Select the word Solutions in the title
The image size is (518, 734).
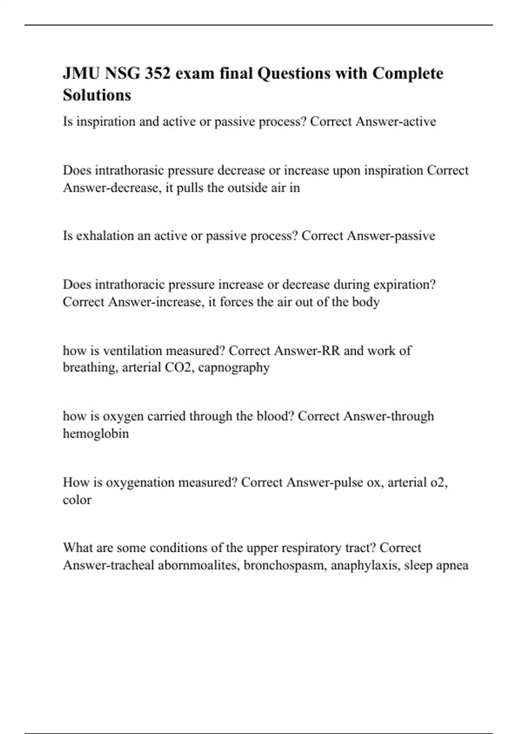pyautogui.click(x=97, y=95)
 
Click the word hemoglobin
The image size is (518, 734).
pyautogui.click(x=96, y=433)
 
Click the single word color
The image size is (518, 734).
pyautogui.click(x=77, y=500)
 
